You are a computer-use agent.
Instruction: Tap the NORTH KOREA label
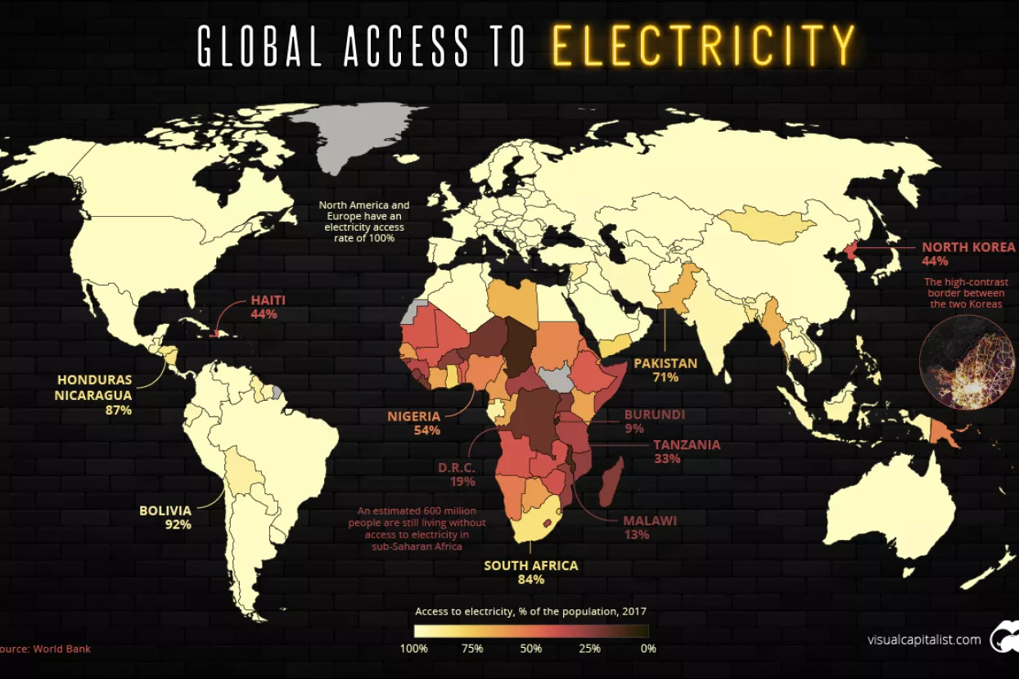(968, 247)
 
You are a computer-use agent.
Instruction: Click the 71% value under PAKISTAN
(665, 377)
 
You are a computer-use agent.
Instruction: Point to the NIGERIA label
(414, 416)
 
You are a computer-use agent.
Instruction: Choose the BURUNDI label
(654, 415)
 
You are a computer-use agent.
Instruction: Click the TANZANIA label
(686, 445)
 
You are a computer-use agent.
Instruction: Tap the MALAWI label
(649, 520)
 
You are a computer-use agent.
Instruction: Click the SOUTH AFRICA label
(530, 565)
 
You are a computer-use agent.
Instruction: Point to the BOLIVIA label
(165, 510)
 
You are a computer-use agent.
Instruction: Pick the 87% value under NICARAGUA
(119, 410)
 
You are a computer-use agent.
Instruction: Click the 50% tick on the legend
(531, 649)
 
